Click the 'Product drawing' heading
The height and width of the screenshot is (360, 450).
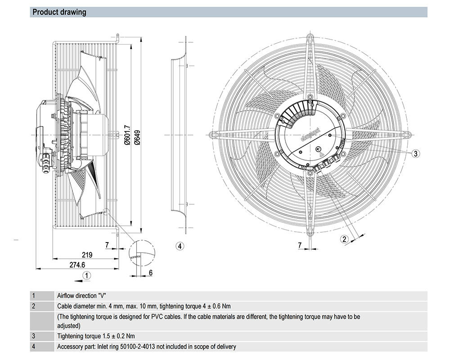59,12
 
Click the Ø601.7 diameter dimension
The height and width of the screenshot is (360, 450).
127,135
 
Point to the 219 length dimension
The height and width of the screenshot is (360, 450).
87,255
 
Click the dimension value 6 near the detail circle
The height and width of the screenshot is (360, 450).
150,272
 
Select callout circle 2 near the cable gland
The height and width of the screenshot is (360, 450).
345,239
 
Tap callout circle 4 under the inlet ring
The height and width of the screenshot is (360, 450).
180,246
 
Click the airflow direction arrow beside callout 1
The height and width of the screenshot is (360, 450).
77,280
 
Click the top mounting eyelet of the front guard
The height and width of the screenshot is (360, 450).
310,36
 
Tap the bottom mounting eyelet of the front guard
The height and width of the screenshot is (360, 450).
310,232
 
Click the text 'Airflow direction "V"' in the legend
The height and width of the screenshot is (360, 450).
81,296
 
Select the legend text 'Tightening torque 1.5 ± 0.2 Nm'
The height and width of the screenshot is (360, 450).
96,336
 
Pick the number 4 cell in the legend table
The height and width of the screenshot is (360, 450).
33,346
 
